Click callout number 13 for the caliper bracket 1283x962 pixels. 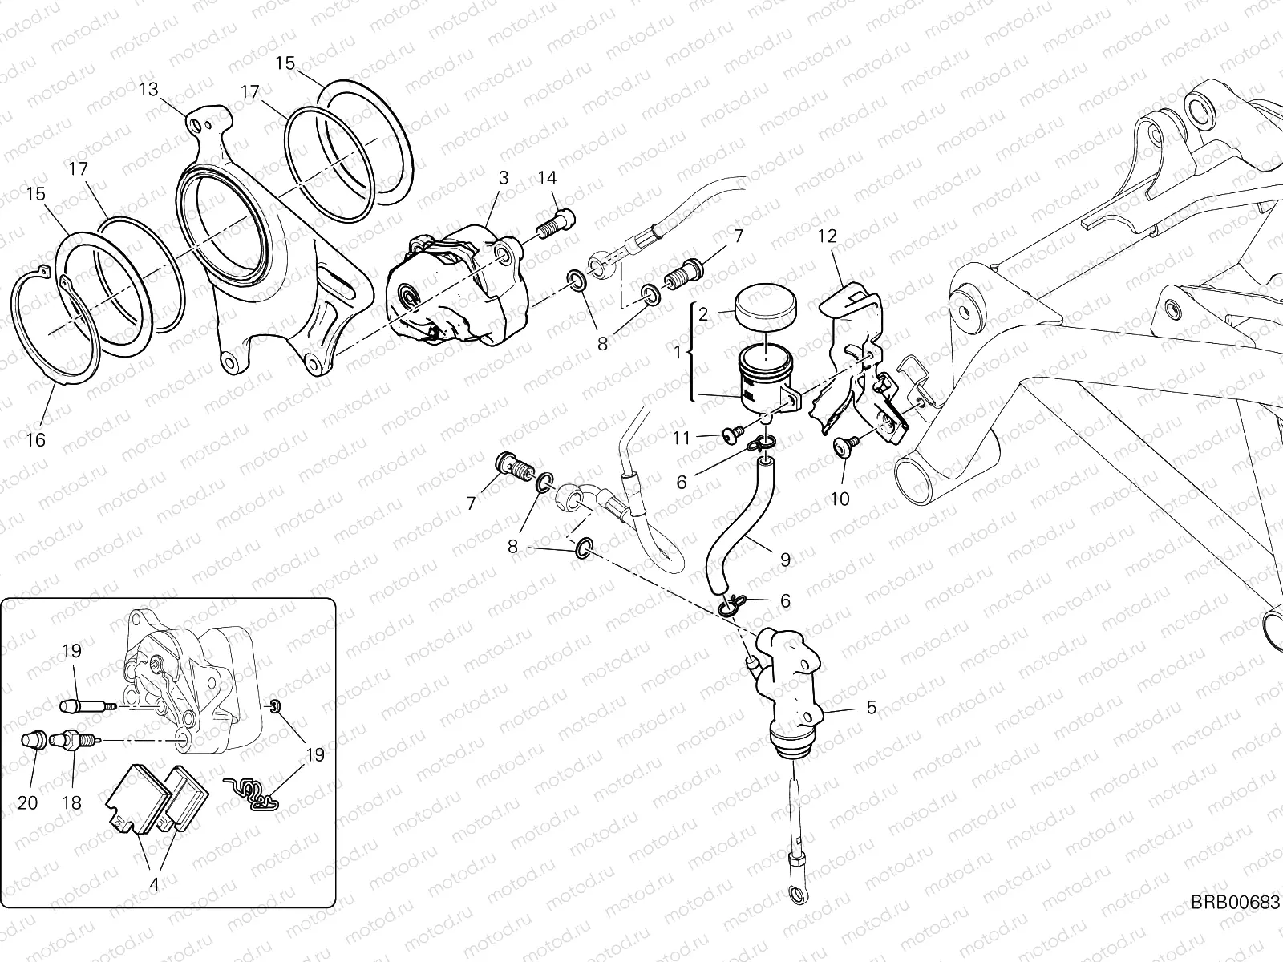[x=149, y=89]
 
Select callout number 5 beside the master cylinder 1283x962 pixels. [x=872, y=708]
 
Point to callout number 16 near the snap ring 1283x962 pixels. [x=36, y=439]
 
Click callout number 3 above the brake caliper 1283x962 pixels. [x=503, y=177]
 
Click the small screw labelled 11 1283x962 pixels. [x=731, y=434]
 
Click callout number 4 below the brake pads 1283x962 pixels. [x=154, y=885]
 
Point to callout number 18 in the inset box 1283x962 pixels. [x=71, y=802]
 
